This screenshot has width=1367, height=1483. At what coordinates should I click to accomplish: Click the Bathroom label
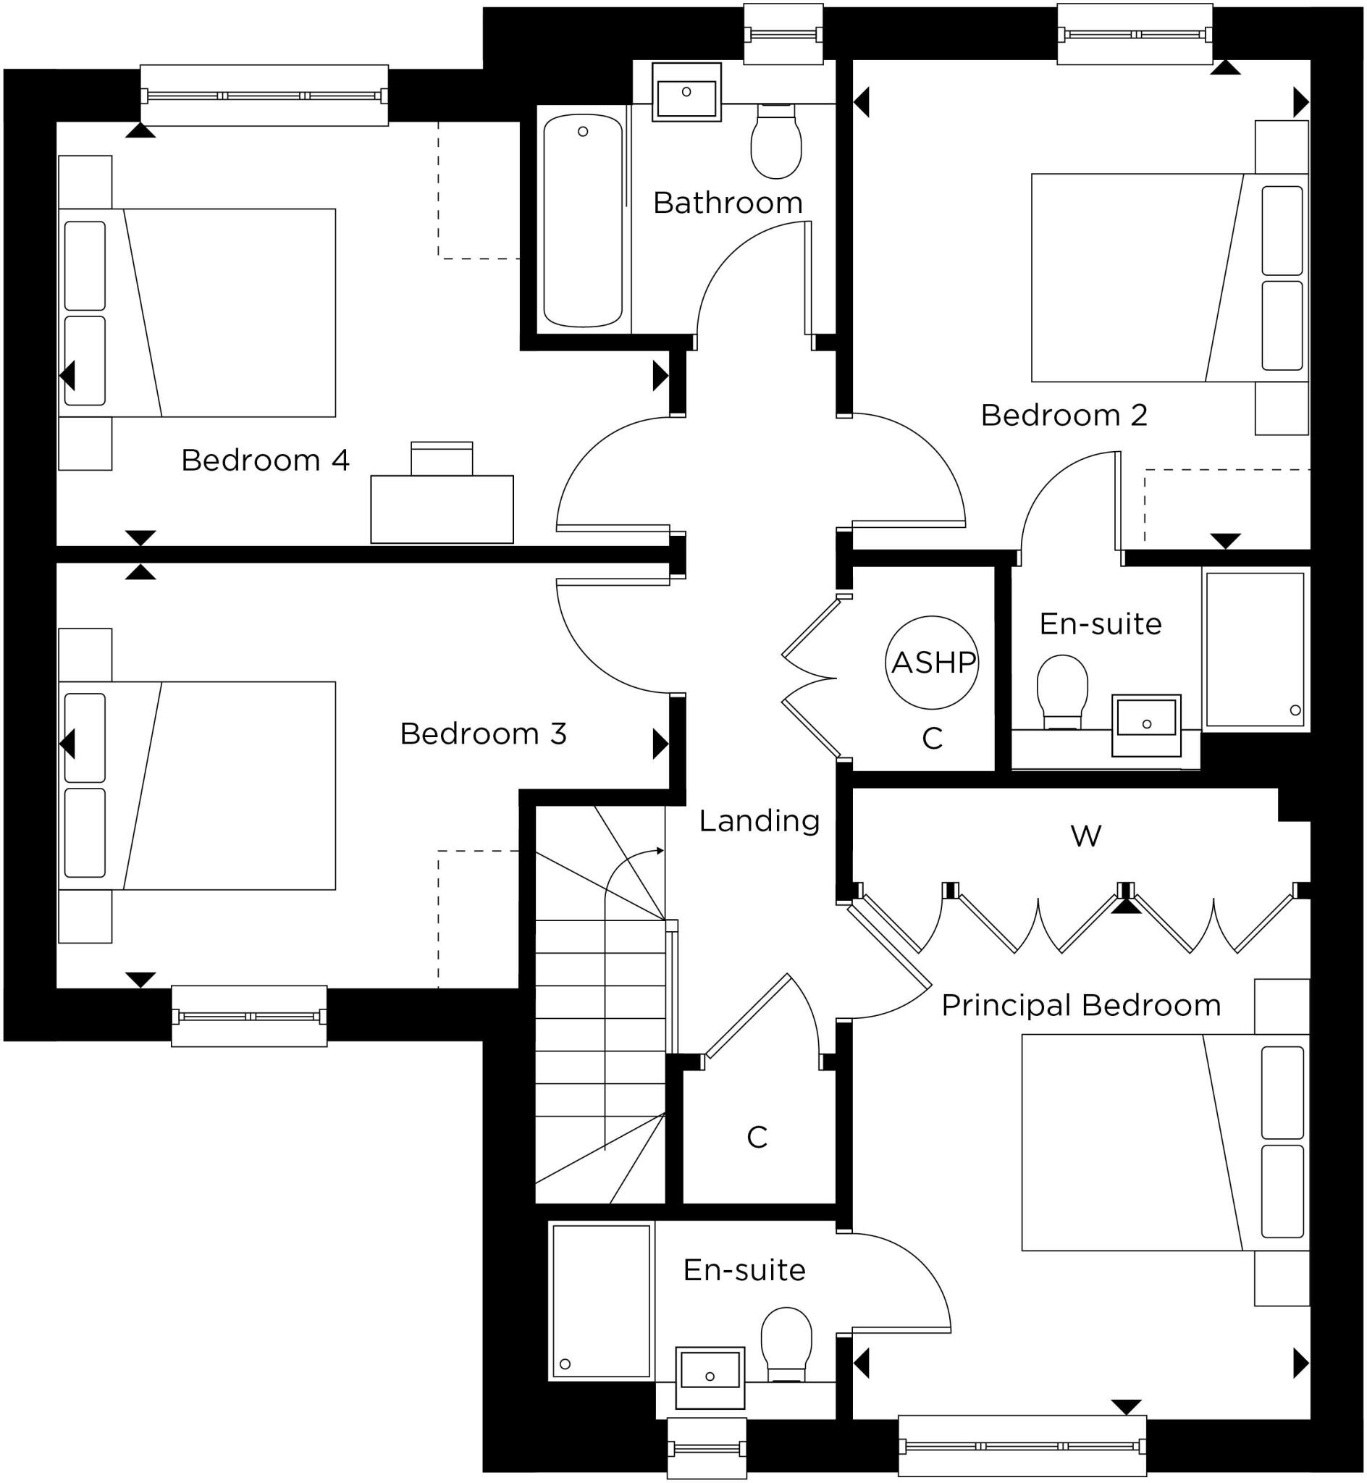click(x=727, y=203)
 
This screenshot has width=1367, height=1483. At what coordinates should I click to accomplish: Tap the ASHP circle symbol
click(x=932, y=662)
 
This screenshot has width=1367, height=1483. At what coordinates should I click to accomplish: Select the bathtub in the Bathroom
click(x=583, y=220)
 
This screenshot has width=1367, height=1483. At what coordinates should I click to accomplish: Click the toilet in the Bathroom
click(x=776, y=142)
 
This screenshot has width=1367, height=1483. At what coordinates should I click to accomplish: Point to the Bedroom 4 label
click(x=265, y=460)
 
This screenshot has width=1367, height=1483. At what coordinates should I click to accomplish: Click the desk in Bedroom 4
click(x=442, y=509)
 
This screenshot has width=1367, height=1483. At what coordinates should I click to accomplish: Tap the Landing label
click(x=759, y=820)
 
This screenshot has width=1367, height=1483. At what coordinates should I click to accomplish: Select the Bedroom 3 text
click(x=483, y=734)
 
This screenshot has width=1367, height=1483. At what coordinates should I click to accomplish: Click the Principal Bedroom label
click(x=1081, y=1005)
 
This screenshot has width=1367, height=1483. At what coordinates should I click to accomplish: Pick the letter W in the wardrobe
click(x=1086, y=836)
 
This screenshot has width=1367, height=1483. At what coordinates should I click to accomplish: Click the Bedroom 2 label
click(x=1064, y=415)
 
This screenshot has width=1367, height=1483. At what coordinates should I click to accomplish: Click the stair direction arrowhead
click(x=660, y=851)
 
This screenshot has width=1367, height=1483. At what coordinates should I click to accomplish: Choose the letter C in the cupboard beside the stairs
click(x=757, y=1138)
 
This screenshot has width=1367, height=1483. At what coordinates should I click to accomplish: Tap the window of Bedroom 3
click(x=249, y=1016)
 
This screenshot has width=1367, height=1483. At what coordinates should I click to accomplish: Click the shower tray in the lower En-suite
click(x=602, y=1301)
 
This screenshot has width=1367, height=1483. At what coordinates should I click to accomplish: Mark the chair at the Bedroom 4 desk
click(x=442, y=458)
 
